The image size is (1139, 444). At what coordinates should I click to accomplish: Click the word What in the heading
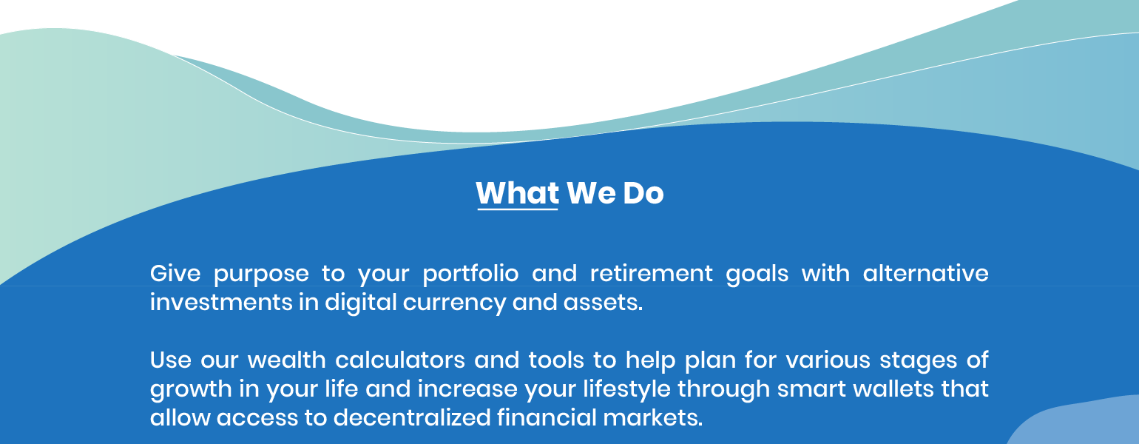click(518, 193)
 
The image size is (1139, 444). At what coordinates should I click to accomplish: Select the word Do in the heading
click(643, 193)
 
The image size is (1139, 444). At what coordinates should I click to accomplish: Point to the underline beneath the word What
click(518, 209)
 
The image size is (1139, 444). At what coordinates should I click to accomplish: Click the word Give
click(175, 274)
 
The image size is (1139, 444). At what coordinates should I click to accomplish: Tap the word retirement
click(652, 274)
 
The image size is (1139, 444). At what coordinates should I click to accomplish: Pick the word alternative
click(925, 274)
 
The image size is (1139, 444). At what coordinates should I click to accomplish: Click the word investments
click(221, 303)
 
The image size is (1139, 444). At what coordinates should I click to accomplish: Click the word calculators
click(400, 360)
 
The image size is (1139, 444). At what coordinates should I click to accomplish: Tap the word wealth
click(287, 360)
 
